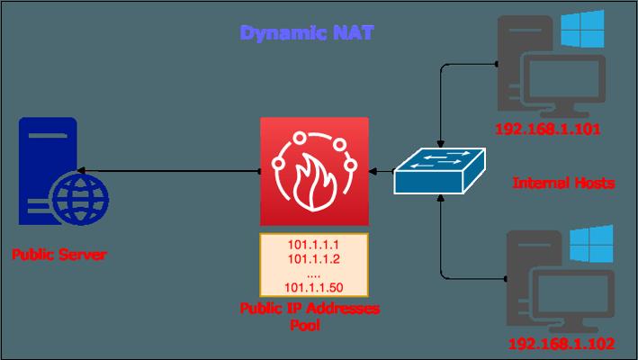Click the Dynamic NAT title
point(307,34)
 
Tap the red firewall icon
point(314,171)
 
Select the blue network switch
point(440,170)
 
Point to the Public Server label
point(58,256)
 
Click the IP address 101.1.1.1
point(314,245)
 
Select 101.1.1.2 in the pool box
point(314,258)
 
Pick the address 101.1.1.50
point(314,287)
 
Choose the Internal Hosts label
point(562,183)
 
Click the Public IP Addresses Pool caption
point(310,316)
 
